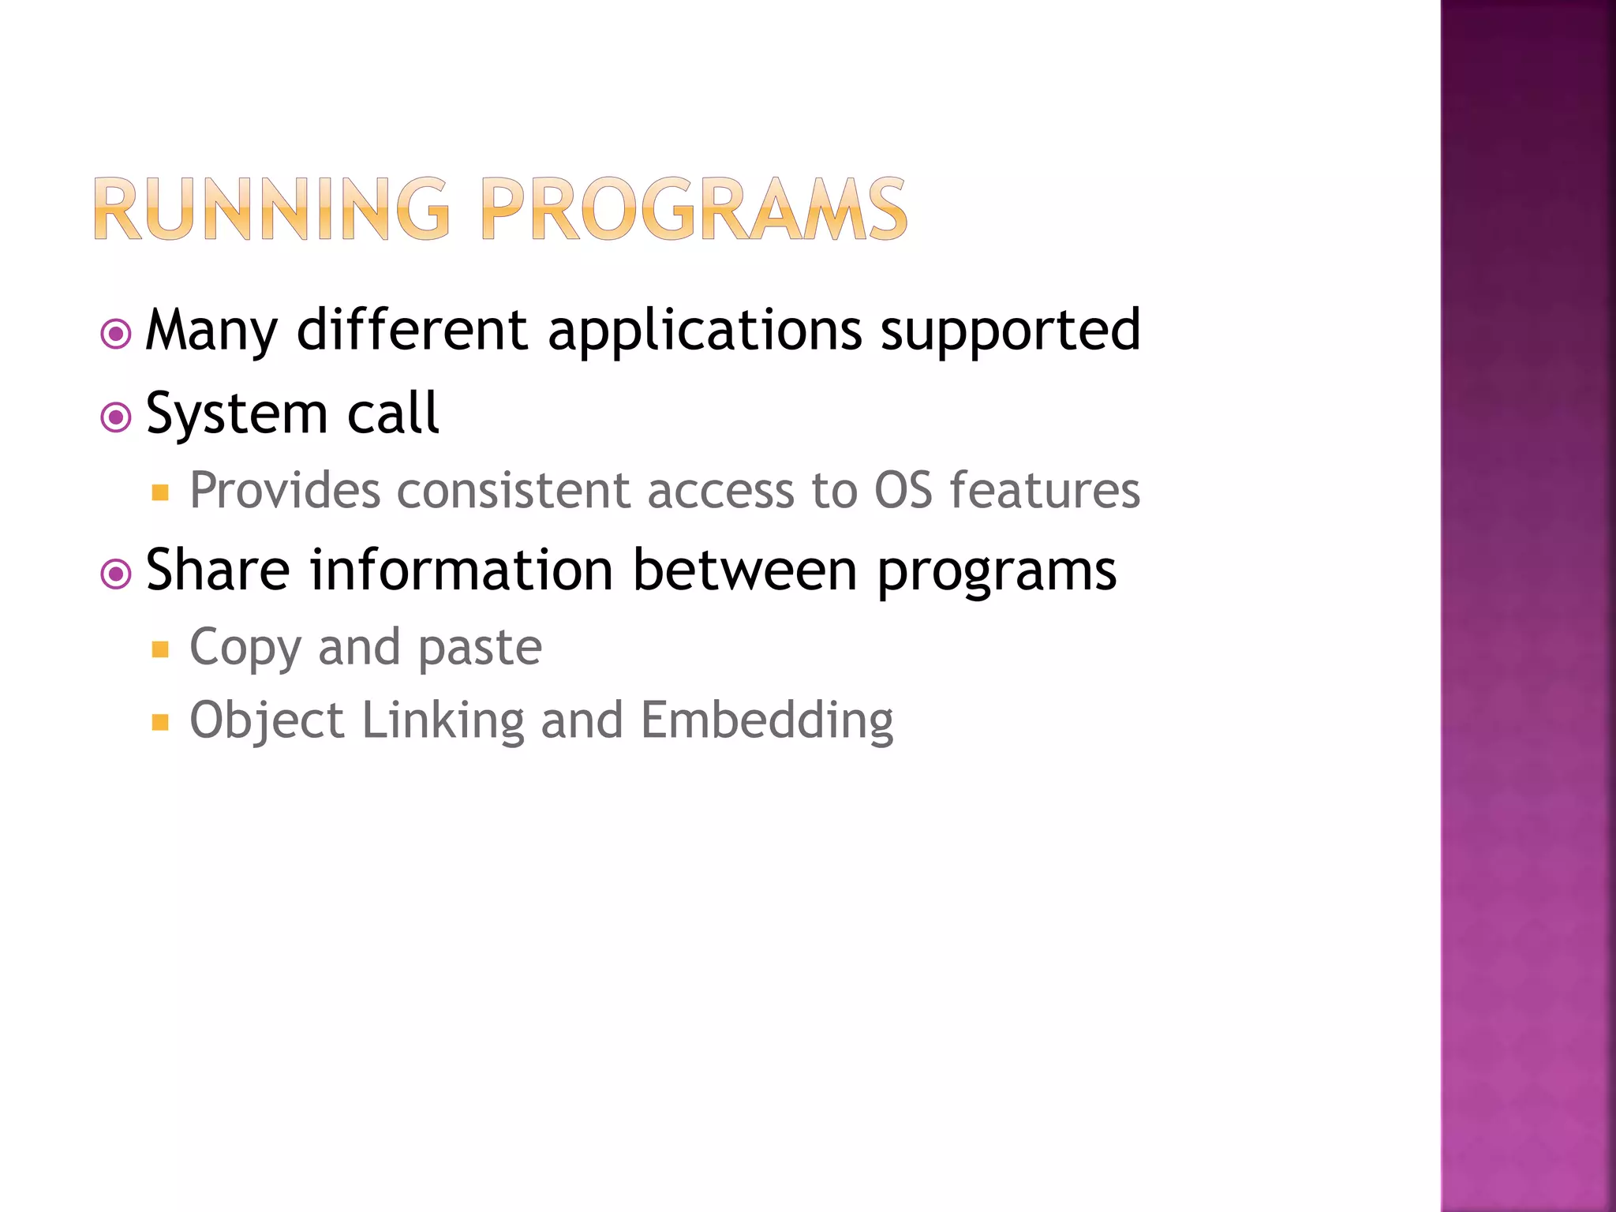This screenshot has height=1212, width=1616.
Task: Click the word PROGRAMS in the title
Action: [694, 209]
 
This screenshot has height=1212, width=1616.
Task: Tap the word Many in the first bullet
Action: [211, 330]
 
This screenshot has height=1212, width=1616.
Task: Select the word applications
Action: [705, 330]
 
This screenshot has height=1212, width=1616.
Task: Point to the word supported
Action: [1010, 330]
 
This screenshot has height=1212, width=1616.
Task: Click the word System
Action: [237, 413]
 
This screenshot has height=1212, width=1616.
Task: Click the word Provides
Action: [285, 491]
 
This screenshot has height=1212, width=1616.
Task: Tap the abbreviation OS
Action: [903, 491]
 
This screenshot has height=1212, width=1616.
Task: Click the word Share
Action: [219, 570]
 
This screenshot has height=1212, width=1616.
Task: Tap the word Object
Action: [267, 721]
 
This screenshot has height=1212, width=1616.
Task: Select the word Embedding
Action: [767, 721]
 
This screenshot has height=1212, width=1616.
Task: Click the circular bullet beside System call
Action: [116, 417]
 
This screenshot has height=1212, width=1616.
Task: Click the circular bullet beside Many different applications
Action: [116, 334]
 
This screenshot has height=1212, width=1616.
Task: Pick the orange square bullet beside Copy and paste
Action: [161, 649]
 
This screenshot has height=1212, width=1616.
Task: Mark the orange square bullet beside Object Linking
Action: [161, 722]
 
